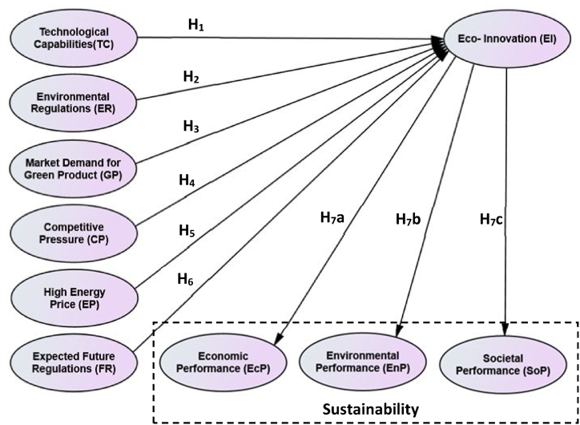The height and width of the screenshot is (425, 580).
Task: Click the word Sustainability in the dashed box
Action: pyautogui.click(x=370, y=408)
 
